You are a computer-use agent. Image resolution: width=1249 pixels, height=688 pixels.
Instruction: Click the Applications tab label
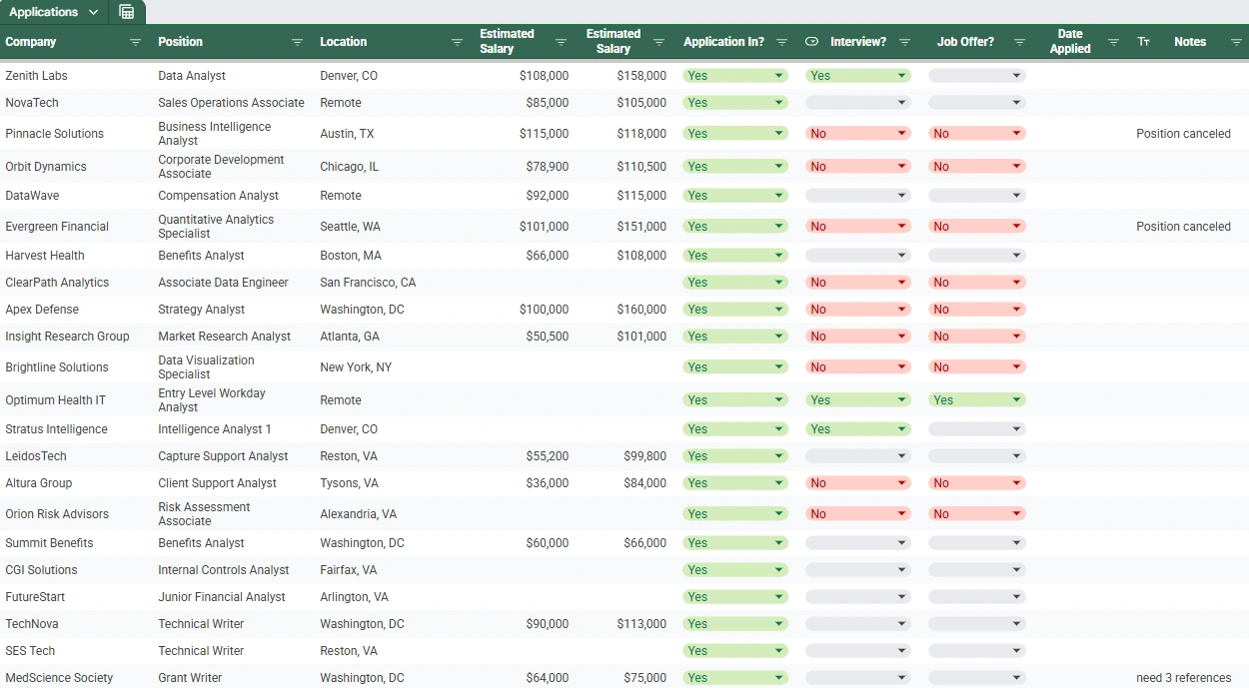point(43,12)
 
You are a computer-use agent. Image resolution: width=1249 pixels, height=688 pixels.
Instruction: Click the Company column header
point(31,42)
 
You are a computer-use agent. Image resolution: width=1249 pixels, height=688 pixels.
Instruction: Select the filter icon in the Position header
point(297,42)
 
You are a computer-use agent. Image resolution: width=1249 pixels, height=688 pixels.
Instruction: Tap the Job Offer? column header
point(965,42)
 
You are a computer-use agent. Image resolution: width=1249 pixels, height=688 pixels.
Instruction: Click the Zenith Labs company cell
point(37,76)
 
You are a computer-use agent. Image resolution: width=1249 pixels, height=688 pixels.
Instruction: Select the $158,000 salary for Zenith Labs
point(641,76)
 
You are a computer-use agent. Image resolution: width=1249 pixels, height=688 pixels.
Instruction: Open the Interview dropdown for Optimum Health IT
point(902,400)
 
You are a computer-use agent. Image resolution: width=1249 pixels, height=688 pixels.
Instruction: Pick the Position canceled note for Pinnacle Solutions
point(1183,134)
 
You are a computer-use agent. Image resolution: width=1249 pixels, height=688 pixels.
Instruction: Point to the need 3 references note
point(1183,678)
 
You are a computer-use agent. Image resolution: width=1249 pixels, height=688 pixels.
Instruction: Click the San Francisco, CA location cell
point(368,283)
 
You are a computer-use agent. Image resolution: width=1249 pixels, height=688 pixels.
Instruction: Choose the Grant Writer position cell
point(190,678)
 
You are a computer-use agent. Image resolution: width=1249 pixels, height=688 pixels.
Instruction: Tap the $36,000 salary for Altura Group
point(548,483)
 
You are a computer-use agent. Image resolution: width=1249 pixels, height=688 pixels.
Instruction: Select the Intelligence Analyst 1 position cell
point(215,429)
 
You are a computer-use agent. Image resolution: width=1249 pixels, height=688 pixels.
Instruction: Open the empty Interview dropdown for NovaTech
point(902,103)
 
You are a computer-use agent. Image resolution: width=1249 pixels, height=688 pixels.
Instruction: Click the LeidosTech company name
point(36,456)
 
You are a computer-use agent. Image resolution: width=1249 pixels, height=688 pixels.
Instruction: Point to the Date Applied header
point(1070,42)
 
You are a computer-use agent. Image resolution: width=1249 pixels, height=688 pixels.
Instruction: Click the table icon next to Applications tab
point(126,12)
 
